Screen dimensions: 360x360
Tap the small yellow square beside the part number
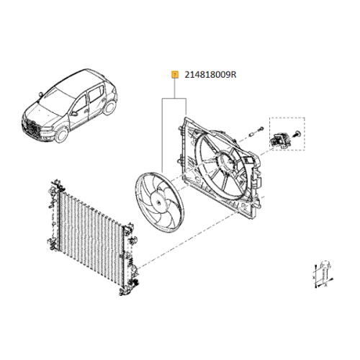click(174, 73)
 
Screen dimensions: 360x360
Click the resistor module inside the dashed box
click(280, 138)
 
